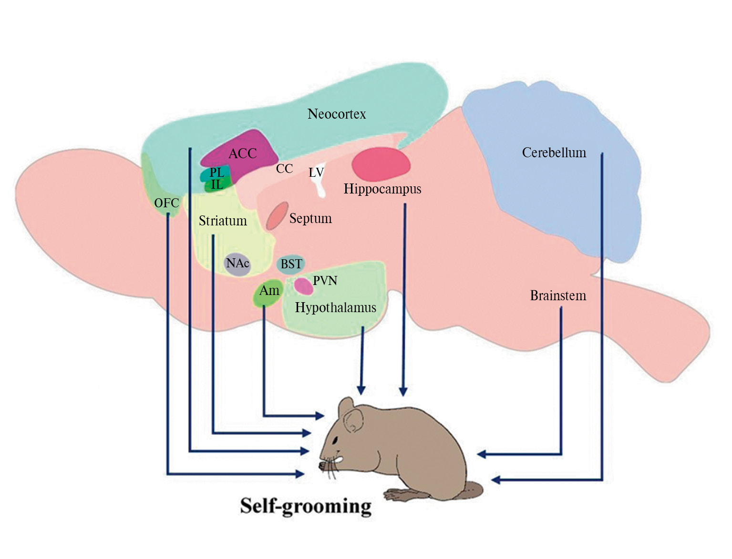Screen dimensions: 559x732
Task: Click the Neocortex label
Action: point(337,114)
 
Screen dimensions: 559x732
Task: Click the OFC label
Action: point(166,203)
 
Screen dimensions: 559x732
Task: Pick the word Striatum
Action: point(223,221)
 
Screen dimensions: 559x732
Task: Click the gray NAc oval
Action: point(237,264)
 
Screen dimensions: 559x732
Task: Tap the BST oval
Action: point(291,264)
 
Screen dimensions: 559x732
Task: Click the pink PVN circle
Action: point(303,285)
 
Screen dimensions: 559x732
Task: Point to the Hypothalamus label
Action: point(335,308)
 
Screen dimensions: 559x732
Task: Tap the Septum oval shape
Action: point(277,216)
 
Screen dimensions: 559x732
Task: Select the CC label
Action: point(284,169)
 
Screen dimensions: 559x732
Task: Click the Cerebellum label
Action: point(554,153)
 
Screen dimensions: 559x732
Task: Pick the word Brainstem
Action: point(558,296)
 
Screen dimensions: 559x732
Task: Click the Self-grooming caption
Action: point(306,506)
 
